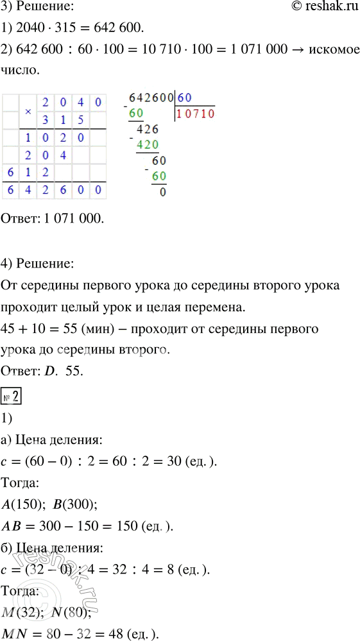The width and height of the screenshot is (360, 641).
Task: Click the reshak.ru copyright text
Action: point(322,7)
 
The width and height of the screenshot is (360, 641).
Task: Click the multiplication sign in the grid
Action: point(28,111)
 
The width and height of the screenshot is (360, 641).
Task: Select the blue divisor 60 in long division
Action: point(185,98)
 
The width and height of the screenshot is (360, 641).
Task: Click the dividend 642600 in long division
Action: point(151,98)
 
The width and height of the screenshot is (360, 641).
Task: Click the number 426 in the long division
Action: point(148,128)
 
